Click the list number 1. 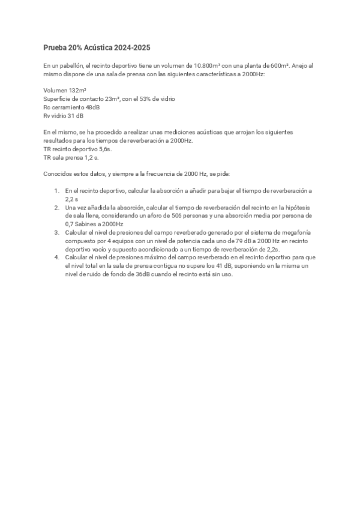tap(56, 190)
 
